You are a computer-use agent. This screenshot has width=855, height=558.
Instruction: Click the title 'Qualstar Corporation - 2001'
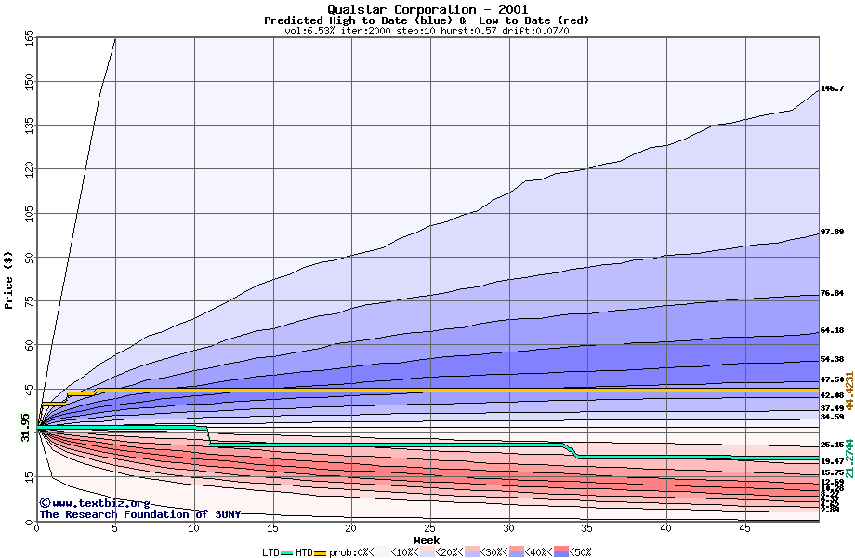[x=427, y=9]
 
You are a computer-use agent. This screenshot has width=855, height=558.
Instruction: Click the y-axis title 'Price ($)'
[x=9, y=280]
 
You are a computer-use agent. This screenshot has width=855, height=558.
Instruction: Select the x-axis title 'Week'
[x=427, y=540]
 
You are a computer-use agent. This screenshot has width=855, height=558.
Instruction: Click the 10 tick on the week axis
[x=194, y=528]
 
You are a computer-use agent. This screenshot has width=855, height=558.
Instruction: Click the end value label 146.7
[x=832, y=89]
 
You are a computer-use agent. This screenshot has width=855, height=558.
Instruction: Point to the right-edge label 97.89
[x=832, y=232]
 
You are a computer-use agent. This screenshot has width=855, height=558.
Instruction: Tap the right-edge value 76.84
[x=832, y=294]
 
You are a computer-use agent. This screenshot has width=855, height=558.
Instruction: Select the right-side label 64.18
[x=832, y=331]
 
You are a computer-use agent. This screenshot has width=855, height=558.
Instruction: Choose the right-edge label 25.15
[x=832, y=445]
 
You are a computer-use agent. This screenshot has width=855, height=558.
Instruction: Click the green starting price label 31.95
[x=25, y=427]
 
